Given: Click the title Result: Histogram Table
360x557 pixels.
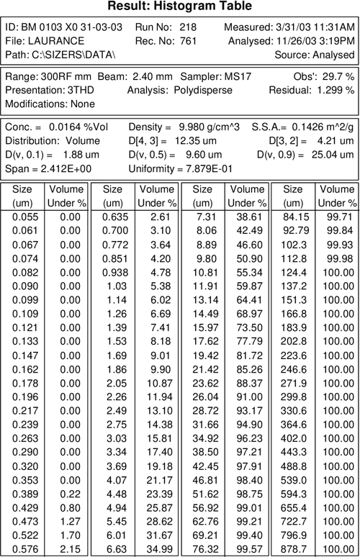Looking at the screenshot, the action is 179,6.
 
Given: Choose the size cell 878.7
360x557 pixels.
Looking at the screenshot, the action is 295,548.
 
